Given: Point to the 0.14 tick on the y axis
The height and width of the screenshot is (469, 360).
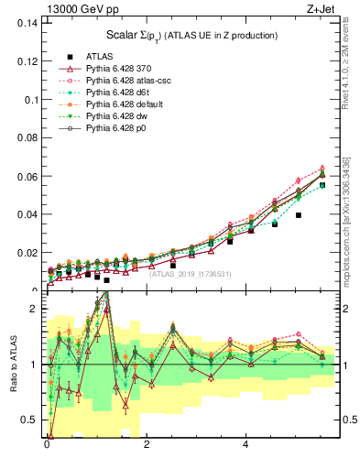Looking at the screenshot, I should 26,23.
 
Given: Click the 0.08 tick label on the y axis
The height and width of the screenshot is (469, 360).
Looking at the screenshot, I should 26,137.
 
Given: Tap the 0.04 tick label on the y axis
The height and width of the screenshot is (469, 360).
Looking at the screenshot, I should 26,213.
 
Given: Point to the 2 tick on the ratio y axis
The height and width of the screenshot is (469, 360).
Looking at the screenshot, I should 33,309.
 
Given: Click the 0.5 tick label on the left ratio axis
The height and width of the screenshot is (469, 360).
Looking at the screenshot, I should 28,420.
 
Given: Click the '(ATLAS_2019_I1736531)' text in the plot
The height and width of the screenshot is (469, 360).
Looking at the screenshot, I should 190,273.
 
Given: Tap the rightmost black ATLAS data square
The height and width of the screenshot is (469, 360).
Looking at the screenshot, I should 322,185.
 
